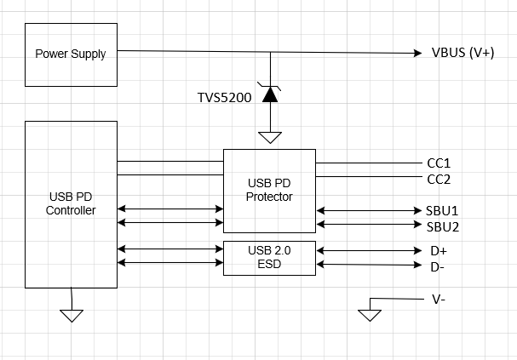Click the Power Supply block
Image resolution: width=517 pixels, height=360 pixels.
click(71, 54)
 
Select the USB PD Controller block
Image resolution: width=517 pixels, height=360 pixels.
click(72, 204)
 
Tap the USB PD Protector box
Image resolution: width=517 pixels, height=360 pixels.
click(269, 191)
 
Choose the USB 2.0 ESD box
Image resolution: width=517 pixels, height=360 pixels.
click(269, 258)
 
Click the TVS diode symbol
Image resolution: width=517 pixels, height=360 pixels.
click(270, 94)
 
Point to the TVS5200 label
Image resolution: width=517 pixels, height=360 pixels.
click(224, 98)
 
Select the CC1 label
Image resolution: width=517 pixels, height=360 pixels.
click(438, 163)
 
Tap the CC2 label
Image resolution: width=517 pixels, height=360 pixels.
click(438, 179)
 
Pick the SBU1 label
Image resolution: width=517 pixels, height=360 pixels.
click(442, 209)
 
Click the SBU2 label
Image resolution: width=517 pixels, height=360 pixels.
click(442, 226)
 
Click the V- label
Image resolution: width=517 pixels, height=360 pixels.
click(438, 300)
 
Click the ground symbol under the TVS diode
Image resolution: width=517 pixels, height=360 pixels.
click(270, 137)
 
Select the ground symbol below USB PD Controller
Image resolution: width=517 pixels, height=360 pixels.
click(72, 315)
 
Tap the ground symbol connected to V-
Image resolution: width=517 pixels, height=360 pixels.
click(369, 315)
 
